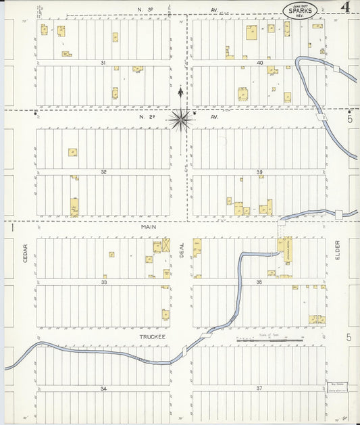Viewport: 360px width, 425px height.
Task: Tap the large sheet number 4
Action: pos(345,8)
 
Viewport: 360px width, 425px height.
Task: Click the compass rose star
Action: pos(180,120)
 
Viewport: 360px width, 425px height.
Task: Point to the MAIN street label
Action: pos(149,228)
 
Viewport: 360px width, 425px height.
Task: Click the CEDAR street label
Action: pos(25,253)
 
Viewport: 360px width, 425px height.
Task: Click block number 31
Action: pos(103,63)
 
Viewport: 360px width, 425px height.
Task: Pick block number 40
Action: pos(259,63)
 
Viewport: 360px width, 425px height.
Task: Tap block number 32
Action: pos(103,172)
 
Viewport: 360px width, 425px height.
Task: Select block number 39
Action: pos(259,172)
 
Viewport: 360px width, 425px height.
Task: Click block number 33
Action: pos(103,281)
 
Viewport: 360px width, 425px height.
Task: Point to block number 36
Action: pos(259,281)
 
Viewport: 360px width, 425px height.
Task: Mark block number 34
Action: pos(103,389)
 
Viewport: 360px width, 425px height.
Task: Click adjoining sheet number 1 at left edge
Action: pos(13,228)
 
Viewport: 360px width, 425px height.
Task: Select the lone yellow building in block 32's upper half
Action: pos(72,152)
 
